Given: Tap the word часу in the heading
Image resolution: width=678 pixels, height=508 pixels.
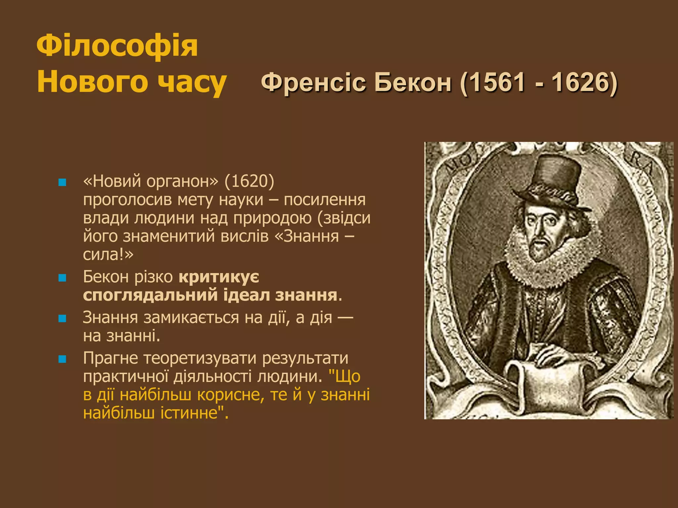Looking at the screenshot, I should pyautogui.click(x=192, y=83).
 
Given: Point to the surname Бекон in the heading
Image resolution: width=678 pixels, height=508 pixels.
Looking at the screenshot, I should pyautogui.click(x=412, y=82).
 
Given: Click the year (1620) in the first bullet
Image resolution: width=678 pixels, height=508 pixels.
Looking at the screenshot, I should pyautogui.click(x=249, y=181).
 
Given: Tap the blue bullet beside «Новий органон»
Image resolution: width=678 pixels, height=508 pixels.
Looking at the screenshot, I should pyautogui.click(x=62, y=182).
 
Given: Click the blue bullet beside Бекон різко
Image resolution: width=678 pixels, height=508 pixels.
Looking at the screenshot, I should pyautogui.click(x=62, y=278).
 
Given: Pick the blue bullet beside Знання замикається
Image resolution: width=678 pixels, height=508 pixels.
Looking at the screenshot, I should pyautogui.click(x=62, y=318).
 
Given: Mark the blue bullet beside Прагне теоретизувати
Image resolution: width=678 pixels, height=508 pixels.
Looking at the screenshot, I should pyautogui.click(x=62, y=359).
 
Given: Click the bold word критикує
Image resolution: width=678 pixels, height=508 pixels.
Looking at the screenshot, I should pyautogui.click(x=219, y=277).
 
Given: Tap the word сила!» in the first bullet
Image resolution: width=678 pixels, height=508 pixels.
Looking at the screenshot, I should pyautogui.click(x=108, y=254).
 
